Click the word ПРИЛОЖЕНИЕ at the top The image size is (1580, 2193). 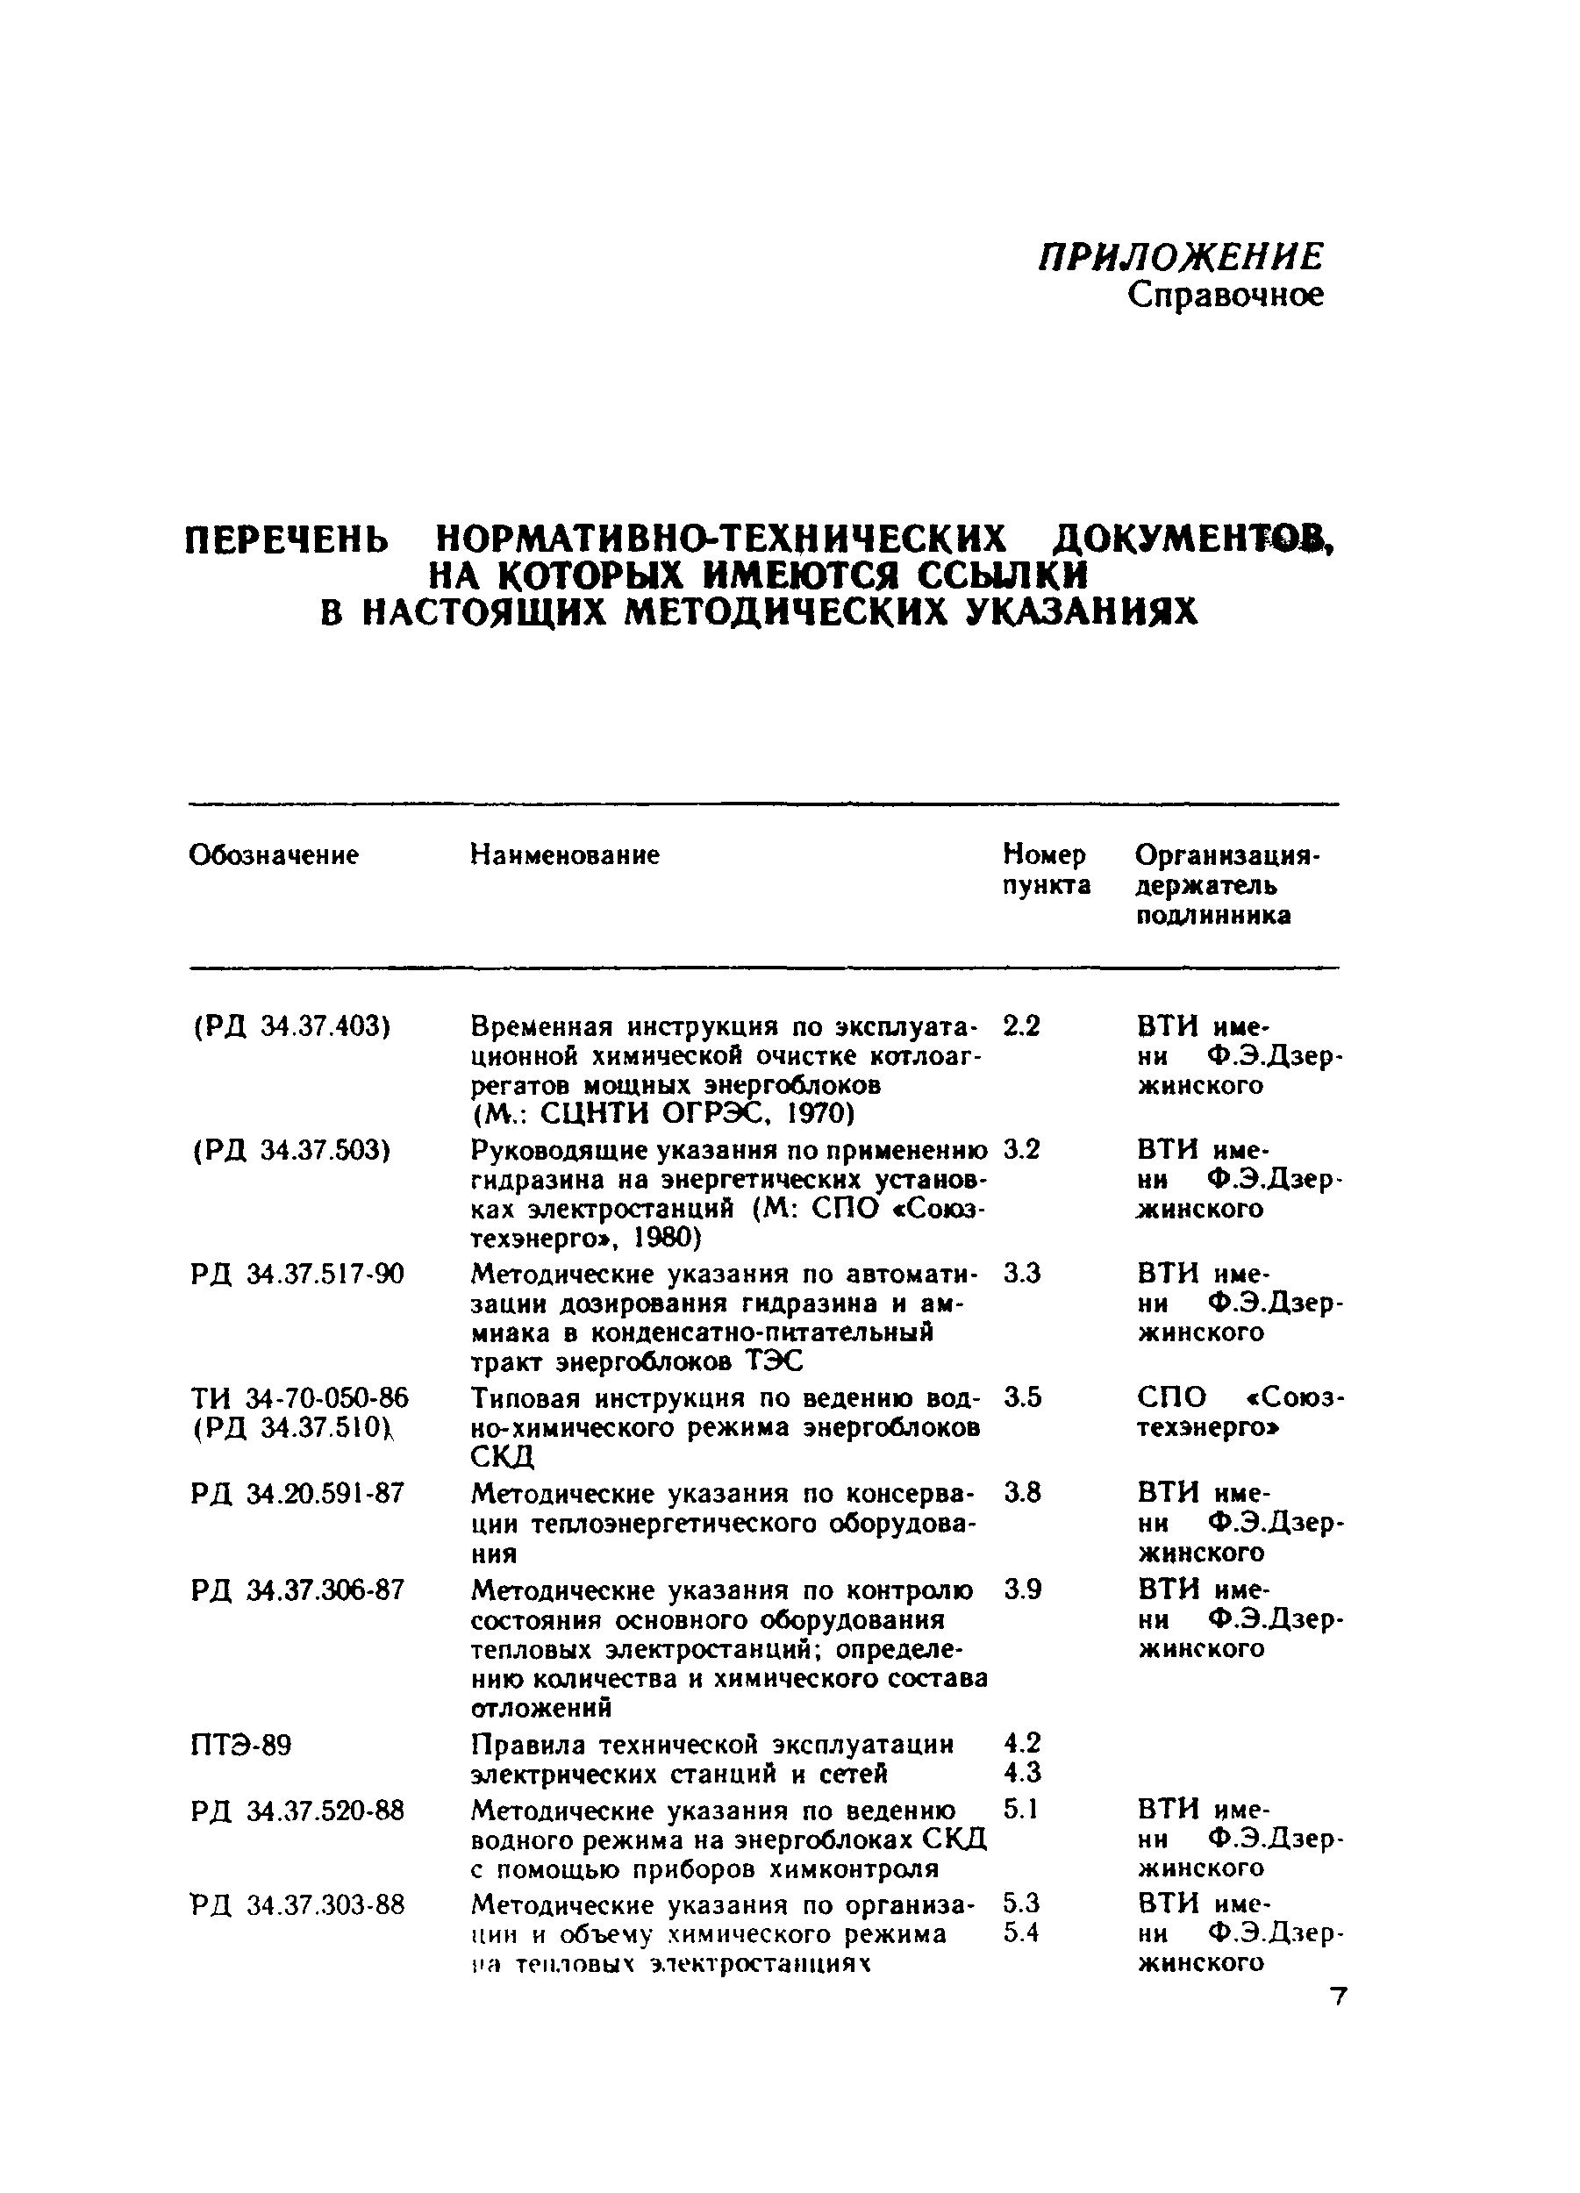click(1180, 257)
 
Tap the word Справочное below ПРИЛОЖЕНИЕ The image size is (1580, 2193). click(1225, 296)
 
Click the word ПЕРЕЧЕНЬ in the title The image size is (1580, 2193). click(286, 539)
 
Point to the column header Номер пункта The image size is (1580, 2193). click(1045, 869)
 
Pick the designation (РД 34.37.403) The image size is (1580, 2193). click(291, 1026)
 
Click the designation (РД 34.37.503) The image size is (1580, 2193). click(291, 1150)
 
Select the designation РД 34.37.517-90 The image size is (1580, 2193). click(297, 1274)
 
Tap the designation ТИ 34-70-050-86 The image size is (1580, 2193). click(299, 1397)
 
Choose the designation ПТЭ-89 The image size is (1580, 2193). click(240, 1746)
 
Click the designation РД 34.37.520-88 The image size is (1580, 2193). click(297, 1810)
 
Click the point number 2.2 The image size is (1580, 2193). click(1021, 1026)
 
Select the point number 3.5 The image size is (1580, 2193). click(1022, 1397)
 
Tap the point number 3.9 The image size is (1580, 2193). click(1022, 1589)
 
